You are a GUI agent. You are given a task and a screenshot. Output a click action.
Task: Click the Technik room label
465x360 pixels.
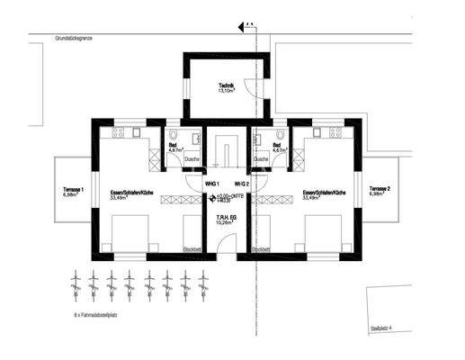pos(226,87)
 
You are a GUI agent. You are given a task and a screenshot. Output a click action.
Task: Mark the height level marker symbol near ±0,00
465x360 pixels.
pos(212,199)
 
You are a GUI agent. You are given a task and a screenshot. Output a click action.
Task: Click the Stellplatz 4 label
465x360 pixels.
pos(383,330)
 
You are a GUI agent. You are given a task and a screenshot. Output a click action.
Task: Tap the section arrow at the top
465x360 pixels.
pos(250,23)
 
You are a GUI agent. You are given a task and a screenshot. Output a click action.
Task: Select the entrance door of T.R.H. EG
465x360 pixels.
pos(227,248)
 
